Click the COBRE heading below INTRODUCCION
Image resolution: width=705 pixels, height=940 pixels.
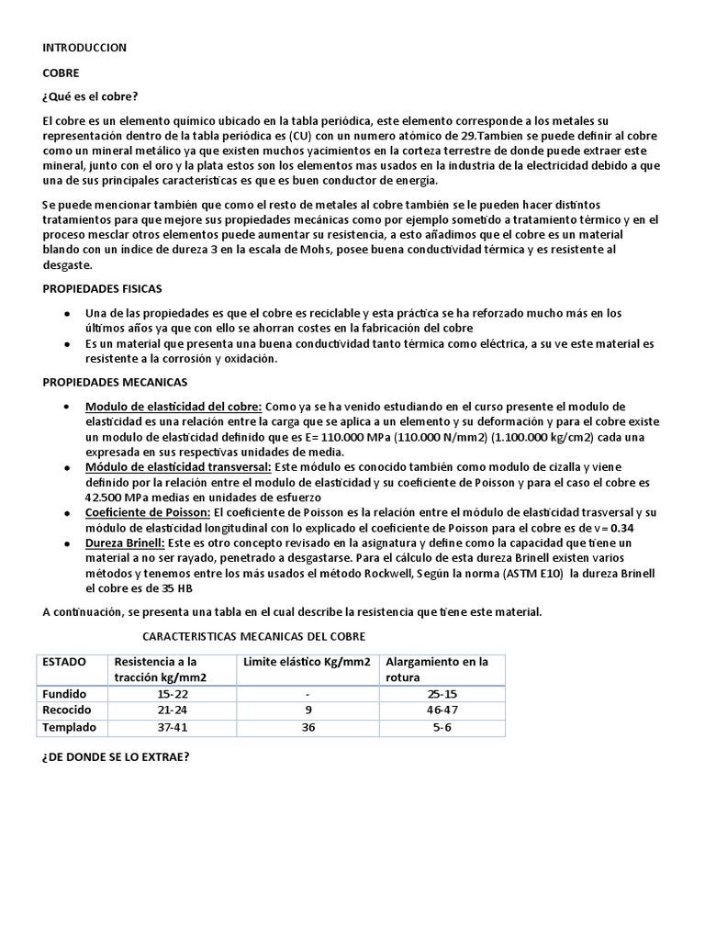(x=61, y=72)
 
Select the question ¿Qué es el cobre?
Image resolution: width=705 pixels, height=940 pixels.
(x=90, y=97)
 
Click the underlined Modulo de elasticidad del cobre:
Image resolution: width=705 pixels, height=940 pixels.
(x=174, y=407)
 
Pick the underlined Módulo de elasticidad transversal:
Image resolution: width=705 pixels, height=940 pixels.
(x=178, y=467)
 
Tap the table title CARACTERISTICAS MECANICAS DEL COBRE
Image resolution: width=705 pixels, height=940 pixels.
(x=254, y=635)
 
